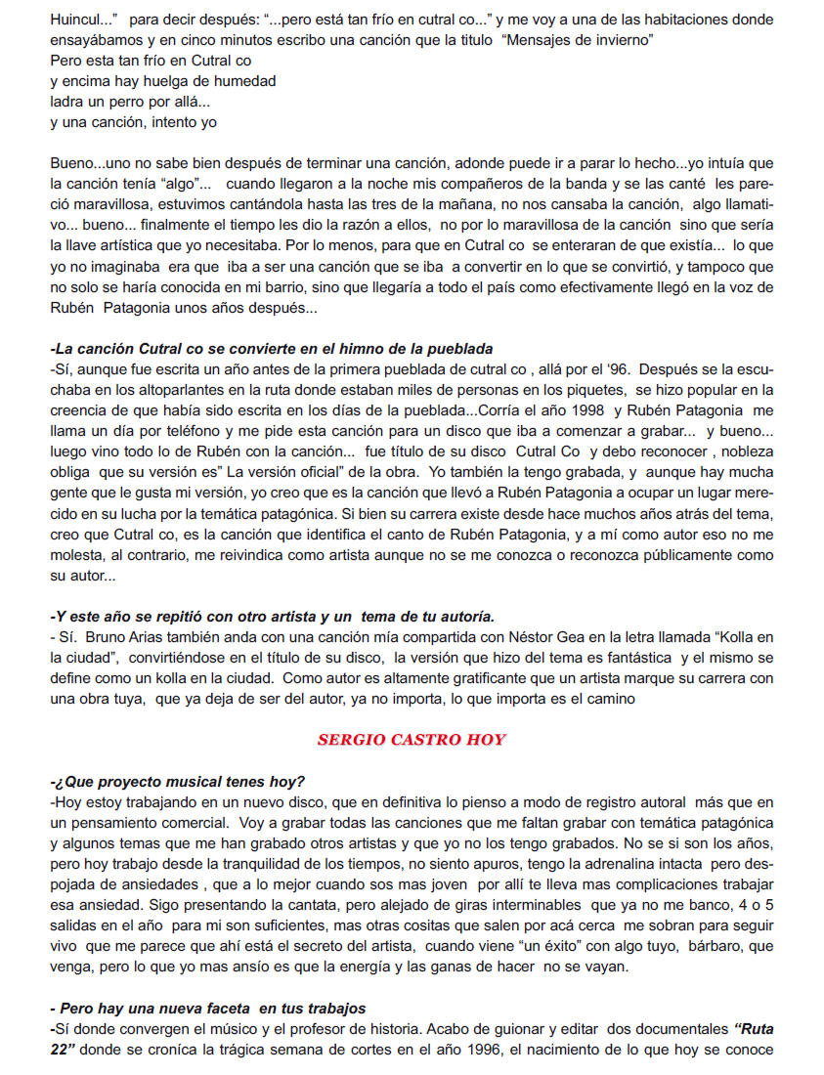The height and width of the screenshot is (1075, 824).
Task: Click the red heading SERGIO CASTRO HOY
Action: pos(412,739)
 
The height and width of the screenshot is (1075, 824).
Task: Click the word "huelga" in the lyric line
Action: pos(159,81)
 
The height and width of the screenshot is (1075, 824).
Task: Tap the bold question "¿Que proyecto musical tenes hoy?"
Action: pos(178,782)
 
